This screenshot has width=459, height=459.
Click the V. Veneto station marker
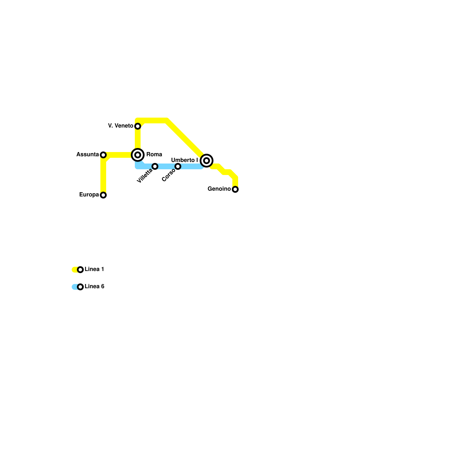tap(138, 126)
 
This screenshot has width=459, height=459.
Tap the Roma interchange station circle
tap(138, 155)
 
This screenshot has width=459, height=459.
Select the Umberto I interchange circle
tap(207, 161)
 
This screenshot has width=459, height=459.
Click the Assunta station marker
tap(103, 155)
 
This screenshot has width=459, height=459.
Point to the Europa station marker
tap(103, 195)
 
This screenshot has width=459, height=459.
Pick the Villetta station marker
tap(155, 166)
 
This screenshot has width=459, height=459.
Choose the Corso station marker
tap(178, 166)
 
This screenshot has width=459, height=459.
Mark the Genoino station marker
tap(235, 189)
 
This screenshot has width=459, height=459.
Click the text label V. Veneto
tap(120, 126)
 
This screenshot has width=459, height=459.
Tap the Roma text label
tap(154, 154)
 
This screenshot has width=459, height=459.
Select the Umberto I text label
tap(184, 160)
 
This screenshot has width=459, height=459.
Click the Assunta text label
tap(87, 154)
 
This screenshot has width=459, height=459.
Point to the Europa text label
tap(89, 195)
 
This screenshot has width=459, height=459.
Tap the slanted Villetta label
tap(145, 176)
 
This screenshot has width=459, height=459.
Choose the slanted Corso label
tap(168, 175)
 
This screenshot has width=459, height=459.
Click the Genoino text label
tap(219, 189)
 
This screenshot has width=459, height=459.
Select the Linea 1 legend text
tap(94, 269)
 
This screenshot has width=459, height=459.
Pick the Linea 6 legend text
tap(94, 286)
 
